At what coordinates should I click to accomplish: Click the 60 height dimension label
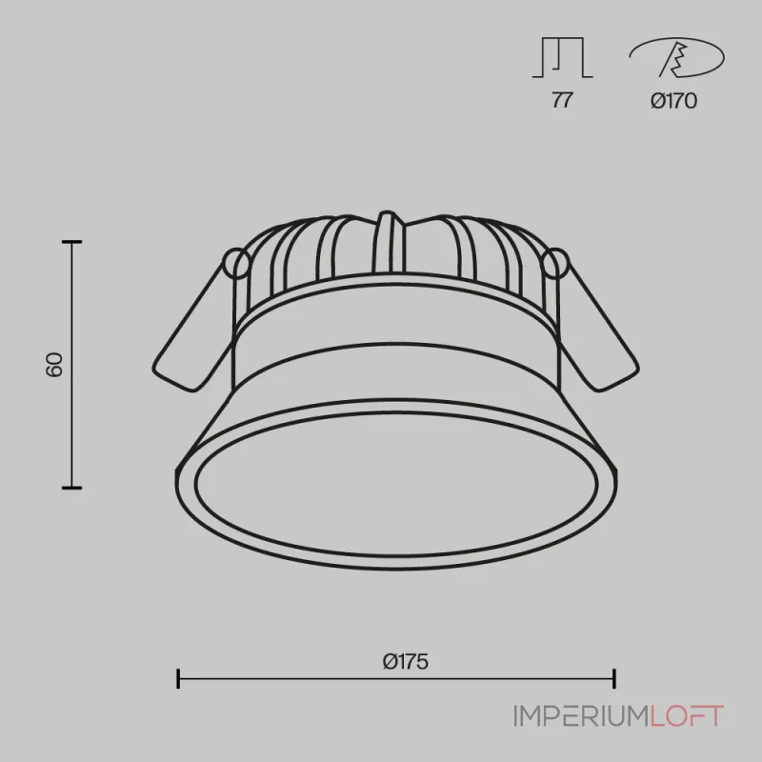click(54, 365)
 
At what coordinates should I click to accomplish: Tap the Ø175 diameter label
click(406, 662)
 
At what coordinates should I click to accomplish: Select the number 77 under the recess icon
click(562, 101)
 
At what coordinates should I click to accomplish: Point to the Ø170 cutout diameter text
click(674, 101)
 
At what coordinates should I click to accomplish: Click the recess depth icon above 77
click(562, 57)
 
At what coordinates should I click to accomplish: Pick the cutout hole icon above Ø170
click(677, 58)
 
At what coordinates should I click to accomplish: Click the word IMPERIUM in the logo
click(581, 716)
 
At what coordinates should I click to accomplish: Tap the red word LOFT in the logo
click(687, 716)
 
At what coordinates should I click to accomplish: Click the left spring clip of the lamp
click(194, 331)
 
